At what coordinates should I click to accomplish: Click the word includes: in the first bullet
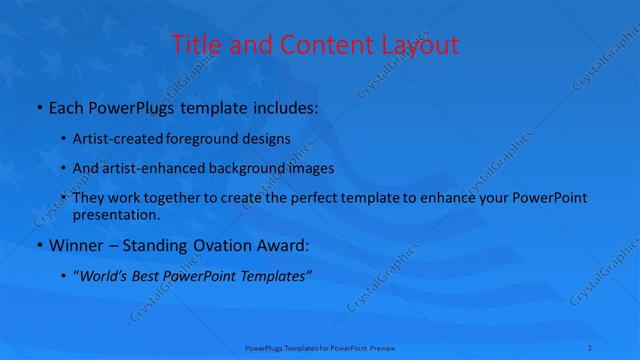pyautogui.click(x=283, y=106)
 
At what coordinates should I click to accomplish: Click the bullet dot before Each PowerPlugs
pyautogui.click(x=38, y=106)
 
